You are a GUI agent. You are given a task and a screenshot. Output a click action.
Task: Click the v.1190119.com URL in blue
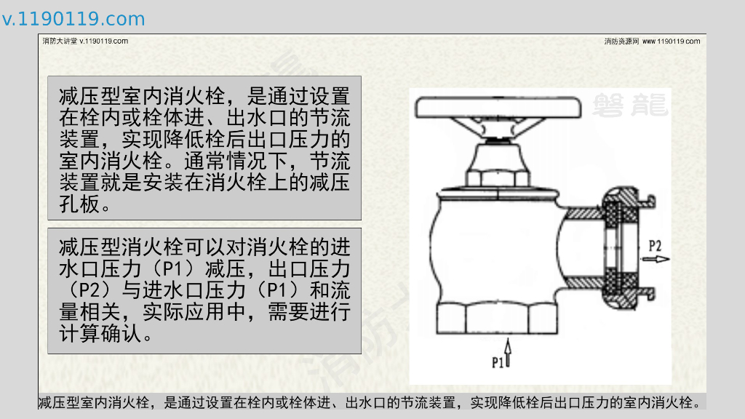[73, 19]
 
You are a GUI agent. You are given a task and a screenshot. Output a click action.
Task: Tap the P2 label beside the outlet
[655, 246]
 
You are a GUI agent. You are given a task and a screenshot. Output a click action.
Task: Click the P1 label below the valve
[497, 362]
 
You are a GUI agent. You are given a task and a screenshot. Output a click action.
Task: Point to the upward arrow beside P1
[508, 352]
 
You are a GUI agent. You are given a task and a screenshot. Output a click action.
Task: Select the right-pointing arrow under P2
[656, 259]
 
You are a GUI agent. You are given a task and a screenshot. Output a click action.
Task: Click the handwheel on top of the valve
[498, 108]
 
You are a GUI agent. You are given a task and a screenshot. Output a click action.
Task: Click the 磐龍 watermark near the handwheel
[631, 105]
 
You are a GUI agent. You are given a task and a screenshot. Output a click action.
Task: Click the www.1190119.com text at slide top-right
[671, 41]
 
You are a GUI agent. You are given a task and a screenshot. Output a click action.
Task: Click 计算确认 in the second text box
[100, 333]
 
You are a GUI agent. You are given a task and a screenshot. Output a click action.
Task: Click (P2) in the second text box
[89, 290]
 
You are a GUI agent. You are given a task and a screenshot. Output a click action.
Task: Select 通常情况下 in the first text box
[236, 161]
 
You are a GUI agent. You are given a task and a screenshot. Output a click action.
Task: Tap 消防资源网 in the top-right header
[621, 41]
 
